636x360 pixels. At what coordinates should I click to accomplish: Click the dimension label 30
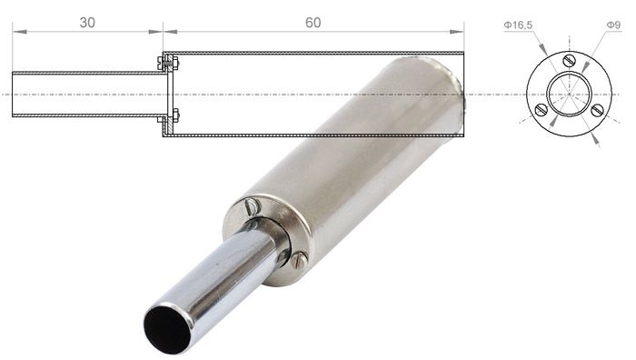pos(87,23)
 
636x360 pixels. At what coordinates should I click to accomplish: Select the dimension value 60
pos(313,23)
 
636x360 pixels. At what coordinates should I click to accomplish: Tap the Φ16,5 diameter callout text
pos(518,25)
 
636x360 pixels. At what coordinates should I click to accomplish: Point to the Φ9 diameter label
pos(613,25)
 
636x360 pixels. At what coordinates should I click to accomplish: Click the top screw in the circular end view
pos(570,61)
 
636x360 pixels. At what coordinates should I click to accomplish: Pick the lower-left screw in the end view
pos(542,110)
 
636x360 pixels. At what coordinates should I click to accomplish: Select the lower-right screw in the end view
pos(597,110)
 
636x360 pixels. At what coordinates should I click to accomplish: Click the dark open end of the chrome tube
pos(167,330)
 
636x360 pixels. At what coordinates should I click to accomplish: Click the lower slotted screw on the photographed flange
pos(299,260)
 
